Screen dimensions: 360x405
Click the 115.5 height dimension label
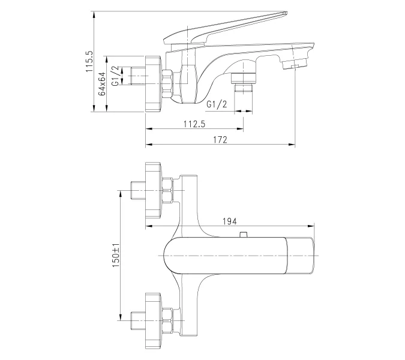89,62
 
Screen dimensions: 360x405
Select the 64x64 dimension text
102,83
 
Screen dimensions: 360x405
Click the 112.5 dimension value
194,124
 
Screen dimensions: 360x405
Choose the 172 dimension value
220,139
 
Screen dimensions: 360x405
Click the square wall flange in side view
152,83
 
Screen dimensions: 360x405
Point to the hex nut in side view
167,85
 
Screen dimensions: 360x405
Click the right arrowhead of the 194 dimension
313,226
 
